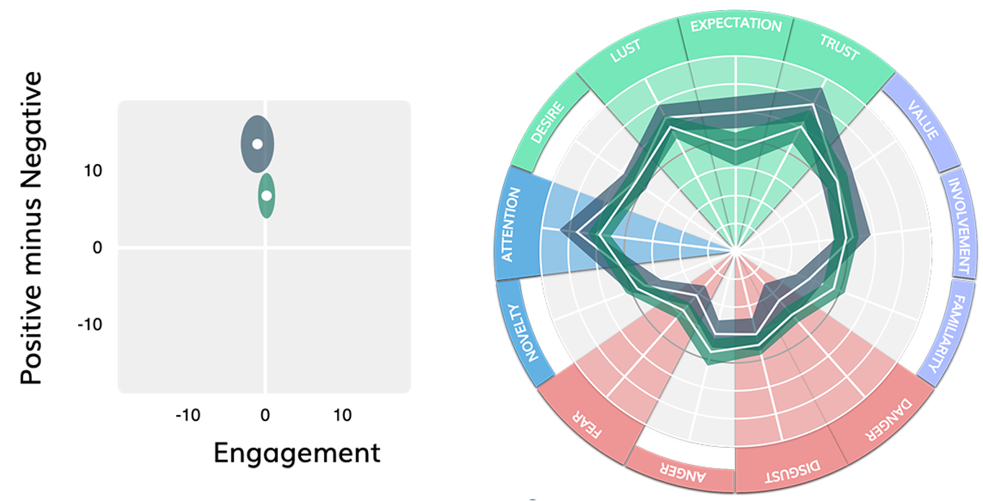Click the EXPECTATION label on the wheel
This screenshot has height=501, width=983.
(735, 25)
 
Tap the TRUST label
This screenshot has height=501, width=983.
(839, 47)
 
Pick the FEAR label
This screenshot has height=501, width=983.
(587, 425)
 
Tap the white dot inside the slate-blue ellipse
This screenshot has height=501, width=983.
(256, 144)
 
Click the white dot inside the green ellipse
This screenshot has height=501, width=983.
(266, 196)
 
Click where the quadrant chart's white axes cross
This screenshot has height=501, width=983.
(266, 248)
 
